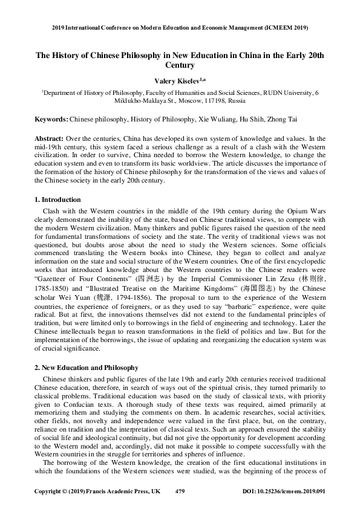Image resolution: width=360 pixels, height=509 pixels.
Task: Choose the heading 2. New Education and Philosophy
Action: (87, 368)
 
